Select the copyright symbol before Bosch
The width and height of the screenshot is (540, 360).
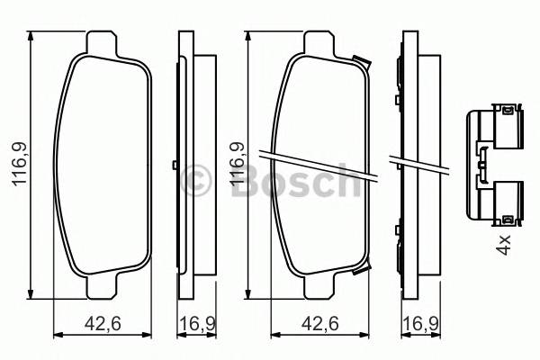[x=193, y=180]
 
